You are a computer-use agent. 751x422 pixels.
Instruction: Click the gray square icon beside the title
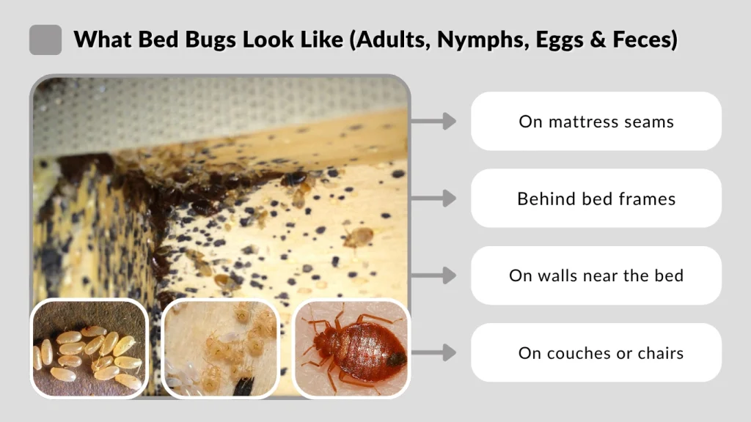tap(45, 40)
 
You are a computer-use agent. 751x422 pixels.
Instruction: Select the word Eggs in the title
tap(558, 40)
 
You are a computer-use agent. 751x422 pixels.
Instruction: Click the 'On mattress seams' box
tap(596, 121)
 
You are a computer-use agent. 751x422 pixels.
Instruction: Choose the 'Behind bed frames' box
tap(596, 198)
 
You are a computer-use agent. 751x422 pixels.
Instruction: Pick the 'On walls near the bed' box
tap(596, 275)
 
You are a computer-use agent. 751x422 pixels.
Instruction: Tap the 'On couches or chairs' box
tap(596, 352)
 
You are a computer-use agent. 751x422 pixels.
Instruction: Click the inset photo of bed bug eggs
tap(89, 349)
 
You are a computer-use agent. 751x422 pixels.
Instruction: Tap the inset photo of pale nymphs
tap(219, 349)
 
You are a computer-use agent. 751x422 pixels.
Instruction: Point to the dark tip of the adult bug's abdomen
tap(396, 360)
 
